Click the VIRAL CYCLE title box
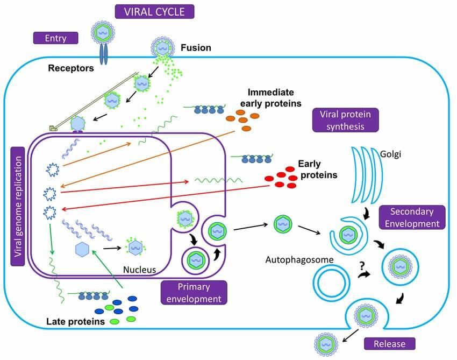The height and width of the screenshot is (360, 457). [154, 11]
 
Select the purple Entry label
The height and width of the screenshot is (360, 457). [56, 38]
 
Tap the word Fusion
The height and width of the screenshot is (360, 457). [196, 48]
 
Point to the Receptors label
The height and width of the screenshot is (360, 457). [71, 68]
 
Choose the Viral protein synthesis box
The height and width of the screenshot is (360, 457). [345, 121]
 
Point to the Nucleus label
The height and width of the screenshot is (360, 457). [139, 270]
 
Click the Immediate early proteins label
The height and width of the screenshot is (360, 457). [274, 97]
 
